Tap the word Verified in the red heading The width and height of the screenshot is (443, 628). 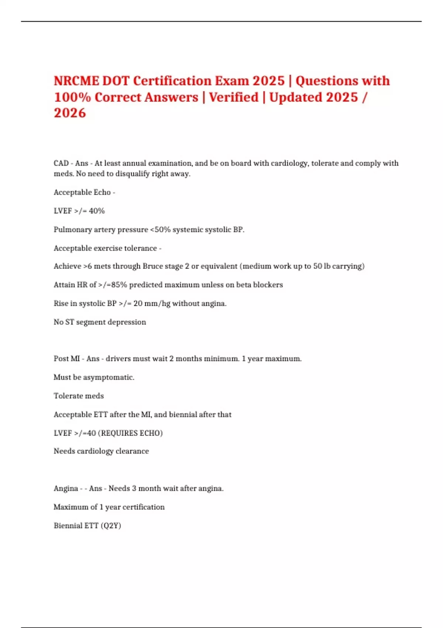pyautogui.click(x=234, y=97)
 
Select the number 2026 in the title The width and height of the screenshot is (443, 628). pyautogui.click(x=70, y=113)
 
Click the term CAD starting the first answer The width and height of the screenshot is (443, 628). pyautogui.click(x=61, y=163)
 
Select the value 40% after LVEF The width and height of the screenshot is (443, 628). pyautogui.click(x=97, y=211)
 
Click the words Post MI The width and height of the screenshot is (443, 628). pyautogui.click(x=67, y=359)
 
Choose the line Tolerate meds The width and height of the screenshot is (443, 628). pyautogui.click(x=79, y=396)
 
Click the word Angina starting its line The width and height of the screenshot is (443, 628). pyautogui.click(x=66, y=488)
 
